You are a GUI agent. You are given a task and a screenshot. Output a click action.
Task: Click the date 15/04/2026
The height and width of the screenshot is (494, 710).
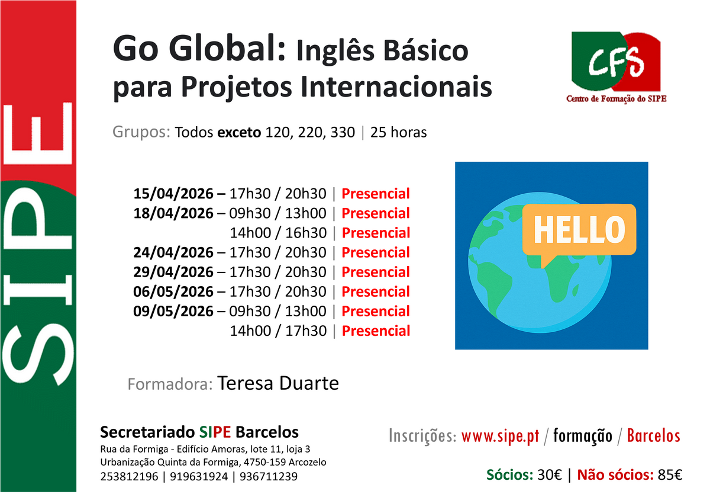click(173, 194)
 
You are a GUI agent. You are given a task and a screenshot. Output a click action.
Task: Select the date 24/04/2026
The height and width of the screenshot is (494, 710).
click(173, 252)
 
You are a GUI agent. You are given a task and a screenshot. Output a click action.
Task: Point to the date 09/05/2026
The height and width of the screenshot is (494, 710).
click(173, 311)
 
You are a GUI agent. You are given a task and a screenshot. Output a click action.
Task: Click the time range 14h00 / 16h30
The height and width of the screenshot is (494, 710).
click(278, 233)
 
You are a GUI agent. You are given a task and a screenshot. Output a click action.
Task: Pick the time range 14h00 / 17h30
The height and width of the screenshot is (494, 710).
click(278, 331)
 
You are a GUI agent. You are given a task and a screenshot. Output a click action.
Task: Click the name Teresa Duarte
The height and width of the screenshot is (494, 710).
click(278, 383)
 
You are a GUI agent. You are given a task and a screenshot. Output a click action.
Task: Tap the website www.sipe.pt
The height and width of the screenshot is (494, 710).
click(500, 436)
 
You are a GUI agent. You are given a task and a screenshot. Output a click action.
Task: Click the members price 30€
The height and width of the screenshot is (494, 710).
click(549, 474)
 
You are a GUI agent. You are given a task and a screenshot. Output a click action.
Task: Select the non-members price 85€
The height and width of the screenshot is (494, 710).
click(670, 474)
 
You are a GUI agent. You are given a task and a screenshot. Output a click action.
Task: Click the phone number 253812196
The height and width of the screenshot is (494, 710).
click(129, 476)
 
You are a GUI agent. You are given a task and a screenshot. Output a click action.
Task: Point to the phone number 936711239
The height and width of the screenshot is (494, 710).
click(269, 476)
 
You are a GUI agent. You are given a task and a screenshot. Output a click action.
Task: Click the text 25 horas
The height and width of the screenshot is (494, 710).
click(398, 132)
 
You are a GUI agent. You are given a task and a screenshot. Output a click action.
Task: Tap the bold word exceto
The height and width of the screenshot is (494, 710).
click(239, 133)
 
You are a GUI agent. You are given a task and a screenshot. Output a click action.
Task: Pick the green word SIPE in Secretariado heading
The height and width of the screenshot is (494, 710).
click(215, 432)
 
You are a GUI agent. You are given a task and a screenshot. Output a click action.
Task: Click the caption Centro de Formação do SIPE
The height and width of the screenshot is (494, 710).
click(616, 99)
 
